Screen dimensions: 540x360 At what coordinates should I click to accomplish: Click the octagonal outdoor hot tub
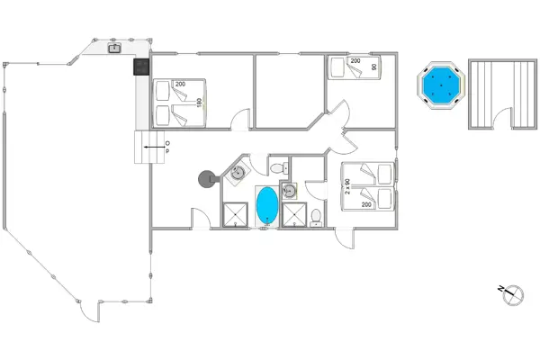441,85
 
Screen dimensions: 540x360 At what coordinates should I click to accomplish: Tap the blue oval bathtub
267,206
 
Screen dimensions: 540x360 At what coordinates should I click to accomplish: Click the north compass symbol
512,295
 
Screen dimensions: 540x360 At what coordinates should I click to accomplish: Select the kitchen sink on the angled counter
114,49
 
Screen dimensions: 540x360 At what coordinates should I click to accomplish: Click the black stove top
141,67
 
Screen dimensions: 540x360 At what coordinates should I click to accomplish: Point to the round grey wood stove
208,179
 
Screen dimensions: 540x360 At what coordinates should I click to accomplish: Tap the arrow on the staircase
154,147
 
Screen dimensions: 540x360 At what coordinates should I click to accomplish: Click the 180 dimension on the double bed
199,103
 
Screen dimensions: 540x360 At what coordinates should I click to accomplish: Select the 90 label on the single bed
374,67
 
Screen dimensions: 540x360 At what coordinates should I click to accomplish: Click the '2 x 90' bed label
347,186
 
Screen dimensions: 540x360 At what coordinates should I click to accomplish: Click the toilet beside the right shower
316,218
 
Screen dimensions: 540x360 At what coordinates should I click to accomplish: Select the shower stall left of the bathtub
235,215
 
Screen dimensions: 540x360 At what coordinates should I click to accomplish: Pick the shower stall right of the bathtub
294,215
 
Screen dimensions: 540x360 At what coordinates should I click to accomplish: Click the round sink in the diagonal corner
238,173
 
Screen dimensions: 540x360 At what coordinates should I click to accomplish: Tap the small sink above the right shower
289,191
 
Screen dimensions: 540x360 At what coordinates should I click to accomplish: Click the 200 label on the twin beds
366,204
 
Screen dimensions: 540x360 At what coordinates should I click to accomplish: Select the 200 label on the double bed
180,84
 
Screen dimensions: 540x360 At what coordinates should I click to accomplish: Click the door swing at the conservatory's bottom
89,311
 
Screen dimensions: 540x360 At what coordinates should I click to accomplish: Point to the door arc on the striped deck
502,118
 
